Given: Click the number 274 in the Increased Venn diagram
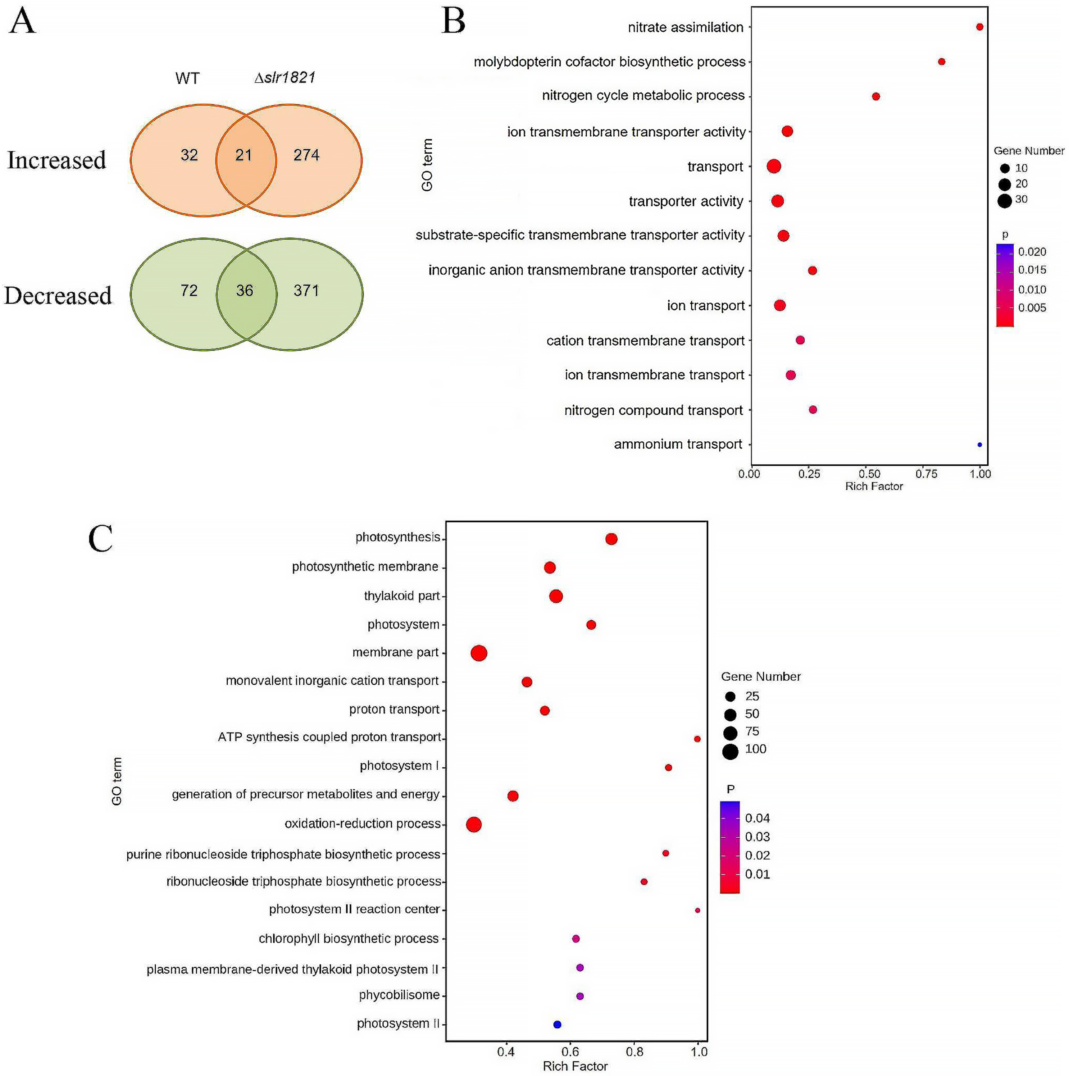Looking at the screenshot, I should (x=306, y=155).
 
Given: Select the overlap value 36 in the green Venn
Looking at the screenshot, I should (x=245, y=290).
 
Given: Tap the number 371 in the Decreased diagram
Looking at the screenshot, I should (x=306, y=290).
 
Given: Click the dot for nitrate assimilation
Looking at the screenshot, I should (x=979, y=27).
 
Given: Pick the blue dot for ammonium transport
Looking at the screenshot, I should (x=979, y=444).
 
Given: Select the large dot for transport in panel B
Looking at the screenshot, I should (x=773, y=166).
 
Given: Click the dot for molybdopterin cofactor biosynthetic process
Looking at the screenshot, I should (x=941, y=62).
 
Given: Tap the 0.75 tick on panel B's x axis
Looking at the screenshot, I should (x=927, y=474).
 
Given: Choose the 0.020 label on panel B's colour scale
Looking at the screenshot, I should (x=1032, y=252).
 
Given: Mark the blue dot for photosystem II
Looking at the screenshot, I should (x=557, y=1024).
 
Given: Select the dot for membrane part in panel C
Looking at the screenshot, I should (x=479, y=653).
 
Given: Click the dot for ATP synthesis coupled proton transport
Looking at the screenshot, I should (x=697, y=739).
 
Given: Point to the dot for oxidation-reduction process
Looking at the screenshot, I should (x=473, y=824).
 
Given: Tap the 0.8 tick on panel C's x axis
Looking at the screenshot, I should (x=634, y=1052).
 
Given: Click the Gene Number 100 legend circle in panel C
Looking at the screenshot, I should (x=730, y=751).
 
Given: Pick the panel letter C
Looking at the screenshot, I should (x=100, y=539).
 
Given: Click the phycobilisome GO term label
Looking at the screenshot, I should (x=399, y=995).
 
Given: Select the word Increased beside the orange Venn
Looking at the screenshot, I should (x=56, y=160).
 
